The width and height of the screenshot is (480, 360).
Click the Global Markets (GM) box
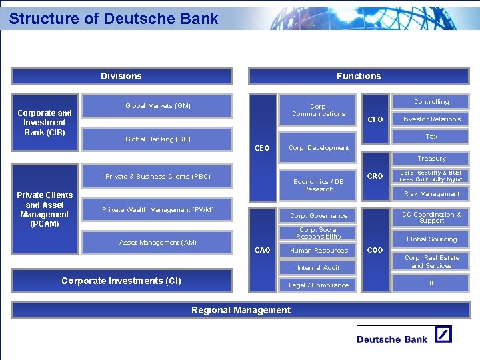[158, 106]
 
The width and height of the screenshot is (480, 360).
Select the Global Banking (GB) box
[158, 139]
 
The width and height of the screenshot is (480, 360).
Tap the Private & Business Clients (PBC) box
[158, 177]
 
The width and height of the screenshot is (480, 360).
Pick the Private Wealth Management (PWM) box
[158, 210]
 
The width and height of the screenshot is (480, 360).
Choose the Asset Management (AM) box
[158, 243]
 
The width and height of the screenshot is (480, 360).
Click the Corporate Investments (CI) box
[121, 281]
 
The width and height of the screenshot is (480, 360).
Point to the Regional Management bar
[241, 310]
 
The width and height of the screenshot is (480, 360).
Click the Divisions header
[121, 76]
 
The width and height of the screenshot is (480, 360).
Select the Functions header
[359, 76]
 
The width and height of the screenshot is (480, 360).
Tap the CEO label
[263, 148]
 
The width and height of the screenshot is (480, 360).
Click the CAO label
[263, 250]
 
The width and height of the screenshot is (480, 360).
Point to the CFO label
[375, 119]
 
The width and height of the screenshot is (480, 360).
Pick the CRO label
[375, 177]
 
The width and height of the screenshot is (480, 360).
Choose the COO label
[375, 250]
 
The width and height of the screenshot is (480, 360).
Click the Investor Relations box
[431, 119]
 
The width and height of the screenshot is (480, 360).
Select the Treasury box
[431, 159]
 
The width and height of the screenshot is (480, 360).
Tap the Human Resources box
[319, 251]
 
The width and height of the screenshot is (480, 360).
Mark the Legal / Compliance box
[319, 285]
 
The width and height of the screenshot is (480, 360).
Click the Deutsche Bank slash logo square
[443, 334]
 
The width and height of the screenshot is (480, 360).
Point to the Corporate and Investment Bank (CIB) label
[45, 123]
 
